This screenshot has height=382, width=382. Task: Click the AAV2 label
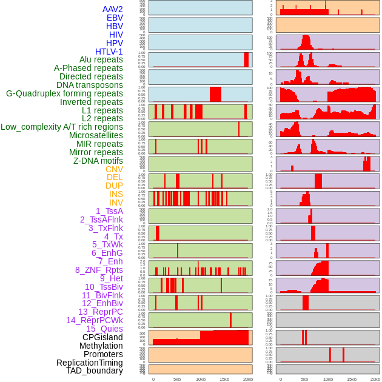click(x=113, y=9)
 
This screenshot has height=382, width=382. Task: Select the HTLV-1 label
click(x=109, y=52)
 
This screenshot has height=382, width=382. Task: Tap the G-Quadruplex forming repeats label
click(x=64, y=93)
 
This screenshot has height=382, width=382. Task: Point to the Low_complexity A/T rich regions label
click(x=62, y=127)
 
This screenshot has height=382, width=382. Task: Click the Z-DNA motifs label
click(x=98, y=161)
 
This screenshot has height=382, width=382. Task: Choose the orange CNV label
click(x=114, y=169)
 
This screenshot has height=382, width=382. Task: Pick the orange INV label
click(x=116, y=203)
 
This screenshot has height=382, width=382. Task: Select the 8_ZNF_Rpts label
click(x=99, y=270)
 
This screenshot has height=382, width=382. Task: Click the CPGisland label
click(x=102, y=337)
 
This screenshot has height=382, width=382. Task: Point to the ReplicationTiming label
click(x=90, y=363)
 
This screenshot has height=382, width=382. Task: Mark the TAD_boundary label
click(x=95, y=370)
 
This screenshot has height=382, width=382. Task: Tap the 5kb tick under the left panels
click(x=177, y=379)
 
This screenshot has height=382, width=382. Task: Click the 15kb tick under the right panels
click(x=352, y=379)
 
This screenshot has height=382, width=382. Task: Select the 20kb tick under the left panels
click(x=248, y=379)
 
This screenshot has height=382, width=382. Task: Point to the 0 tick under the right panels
click(x=280, y=379)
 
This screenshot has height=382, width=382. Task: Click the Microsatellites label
click(x=96, y=135)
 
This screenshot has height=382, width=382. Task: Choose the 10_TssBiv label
click(x=104, y=287)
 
